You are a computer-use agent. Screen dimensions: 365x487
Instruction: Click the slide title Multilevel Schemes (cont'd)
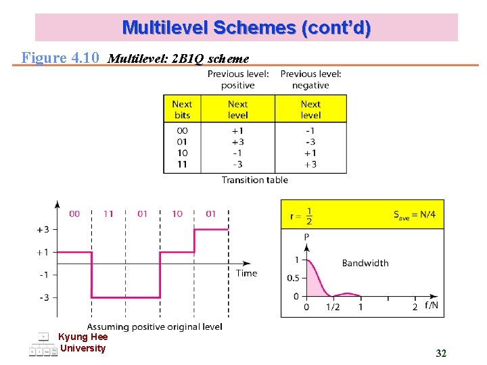tap(246, 28)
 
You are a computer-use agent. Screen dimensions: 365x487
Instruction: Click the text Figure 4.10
tap(60, 57)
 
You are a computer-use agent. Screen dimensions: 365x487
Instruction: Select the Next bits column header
tap(182, 109)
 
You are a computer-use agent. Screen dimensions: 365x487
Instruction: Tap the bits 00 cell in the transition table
tap(182, 130)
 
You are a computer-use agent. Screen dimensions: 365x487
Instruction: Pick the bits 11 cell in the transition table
tap(182, 164)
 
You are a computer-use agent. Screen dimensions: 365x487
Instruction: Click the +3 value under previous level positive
tap(237, 141)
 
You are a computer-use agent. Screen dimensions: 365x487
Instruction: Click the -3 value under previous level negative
tap(310, 141)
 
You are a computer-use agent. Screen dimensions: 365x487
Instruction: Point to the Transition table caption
tap(254, 180)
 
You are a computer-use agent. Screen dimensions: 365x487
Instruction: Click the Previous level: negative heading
tap(310, 79)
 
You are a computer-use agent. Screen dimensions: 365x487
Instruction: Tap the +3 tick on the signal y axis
tap(42, 229)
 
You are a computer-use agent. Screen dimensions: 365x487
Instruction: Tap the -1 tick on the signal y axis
tap(43, 274)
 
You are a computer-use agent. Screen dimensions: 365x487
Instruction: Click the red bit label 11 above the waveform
tap(108, 214)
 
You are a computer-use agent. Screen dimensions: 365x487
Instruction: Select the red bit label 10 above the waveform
tap(177, 214)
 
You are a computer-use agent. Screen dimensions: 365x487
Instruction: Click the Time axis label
tap(246, 273)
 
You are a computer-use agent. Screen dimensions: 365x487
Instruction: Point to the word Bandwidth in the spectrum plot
tap(365, 263)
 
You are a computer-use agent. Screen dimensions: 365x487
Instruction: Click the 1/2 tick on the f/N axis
tap(333, 308)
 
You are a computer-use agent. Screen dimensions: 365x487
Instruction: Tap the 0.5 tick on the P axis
tap(293, 278)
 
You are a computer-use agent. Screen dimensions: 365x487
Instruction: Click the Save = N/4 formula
tap(415, 216)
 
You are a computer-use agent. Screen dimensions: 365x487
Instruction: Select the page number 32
tap(441, 354)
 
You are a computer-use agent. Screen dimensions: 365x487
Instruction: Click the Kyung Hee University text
tap(83, 343)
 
